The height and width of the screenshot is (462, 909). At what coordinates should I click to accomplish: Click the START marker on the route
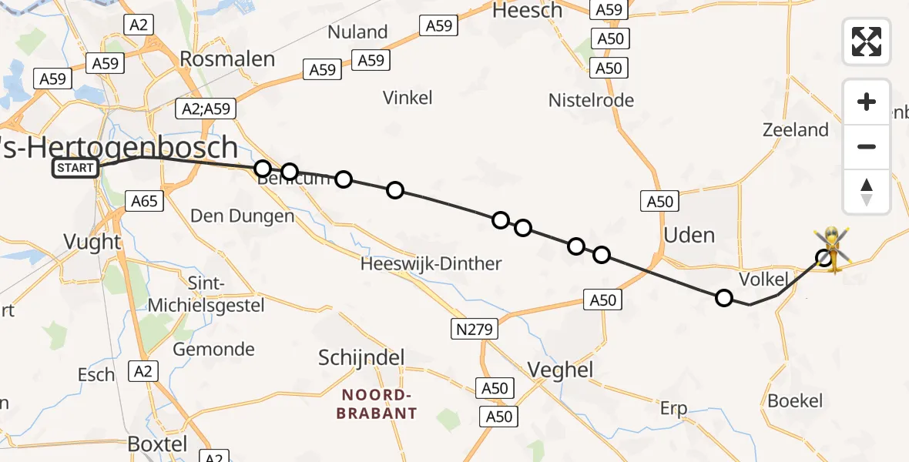click(75, 168)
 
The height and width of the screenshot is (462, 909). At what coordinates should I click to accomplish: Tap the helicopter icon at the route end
click(833, 249)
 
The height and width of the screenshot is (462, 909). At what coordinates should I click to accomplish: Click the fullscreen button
click(867, 42)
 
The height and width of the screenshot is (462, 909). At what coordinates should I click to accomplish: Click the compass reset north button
click(867, 192)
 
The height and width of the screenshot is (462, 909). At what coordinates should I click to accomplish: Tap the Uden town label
click(689, 235)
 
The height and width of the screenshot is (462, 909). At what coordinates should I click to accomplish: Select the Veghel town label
click(561, 370)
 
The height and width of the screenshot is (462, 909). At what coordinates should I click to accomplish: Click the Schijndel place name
click(361, 358)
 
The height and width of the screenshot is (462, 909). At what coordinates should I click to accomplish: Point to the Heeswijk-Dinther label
click(431, 264)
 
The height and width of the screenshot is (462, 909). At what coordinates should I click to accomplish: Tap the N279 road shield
click(475, 330)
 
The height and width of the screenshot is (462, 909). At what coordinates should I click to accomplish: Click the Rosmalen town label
click(226, 59)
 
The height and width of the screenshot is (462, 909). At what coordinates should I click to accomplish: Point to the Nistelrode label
click(591, 100)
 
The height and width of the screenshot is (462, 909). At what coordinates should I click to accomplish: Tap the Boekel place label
click(795, 400)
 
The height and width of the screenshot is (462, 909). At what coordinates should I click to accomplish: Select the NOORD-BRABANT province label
click(379, 403)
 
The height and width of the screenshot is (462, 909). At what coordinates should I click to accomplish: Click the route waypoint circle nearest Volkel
click(724, 298)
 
